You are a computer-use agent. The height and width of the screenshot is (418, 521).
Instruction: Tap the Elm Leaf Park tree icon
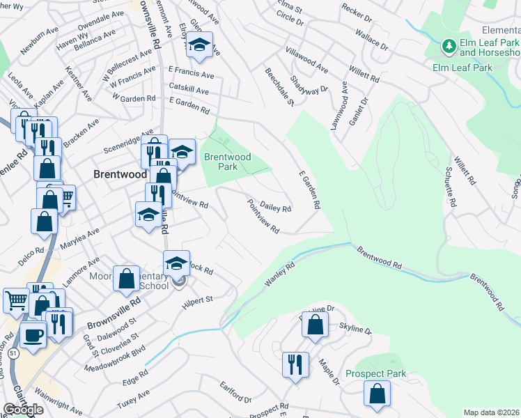pyautogui.click(x=449, y=47)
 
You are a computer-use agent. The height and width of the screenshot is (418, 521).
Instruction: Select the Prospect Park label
pyautogui.click(x=375, y=374)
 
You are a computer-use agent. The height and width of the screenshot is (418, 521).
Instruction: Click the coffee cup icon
pyautogui.click(x=33, y=335)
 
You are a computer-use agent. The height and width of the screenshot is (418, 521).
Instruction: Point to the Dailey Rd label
pyautogui.click(x=275, y=207)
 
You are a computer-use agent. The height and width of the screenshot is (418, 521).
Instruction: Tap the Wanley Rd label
pyautogui.click(x=281, y=274)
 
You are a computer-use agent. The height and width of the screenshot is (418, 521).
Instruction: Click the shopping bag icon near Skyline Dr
pyautogui.click(x=316, y=324)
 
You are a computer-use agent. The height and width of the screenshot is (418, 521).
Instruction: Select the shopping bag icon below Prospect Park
pyautogui.click(x=377, y=394)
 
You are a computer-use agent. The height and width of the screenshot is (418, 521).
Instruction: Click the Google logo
pyautogui.click(x=23, y=410)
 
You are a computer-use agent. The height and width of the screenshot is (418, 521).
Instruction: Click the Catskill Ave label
pyautogui.click(x=188, y=91)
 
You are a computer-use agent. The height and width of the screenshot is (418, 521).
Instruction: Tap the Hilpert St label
pyautogui.click(x=197, y=298)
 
